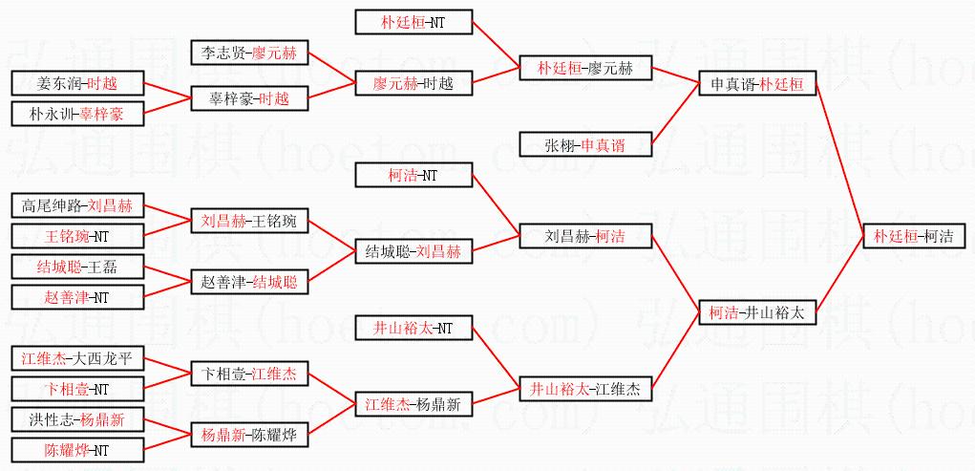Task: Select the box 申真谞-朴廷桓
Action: click(757, 84)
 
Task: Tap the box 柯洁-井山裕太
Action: click(757, 311)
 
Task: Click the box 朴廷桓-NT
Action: click(413, 21)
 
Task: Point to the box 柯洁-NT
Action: click(413, 175)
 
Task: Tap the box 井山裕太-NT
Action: click(413, 329)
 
